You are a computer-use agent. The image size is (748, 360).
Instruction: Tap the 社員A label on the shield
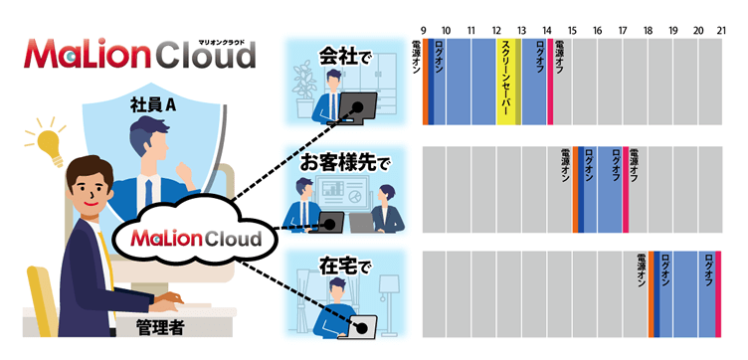tap(153, 103)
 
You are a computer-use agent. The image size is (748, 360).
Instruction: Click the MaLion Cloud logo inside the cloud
tap(188, 240)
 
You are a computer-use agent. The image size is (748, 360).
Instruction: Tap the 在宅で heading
tap(343, 266)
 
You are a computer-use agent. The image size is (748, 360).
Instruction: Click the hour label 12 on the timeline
tap(496, 31)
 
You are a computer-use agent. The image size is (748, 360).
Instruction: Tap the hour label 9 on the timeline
tap(423, 31)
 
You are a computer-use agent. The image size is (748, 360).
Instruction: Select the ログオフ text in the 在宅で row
tap(708, 270)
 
